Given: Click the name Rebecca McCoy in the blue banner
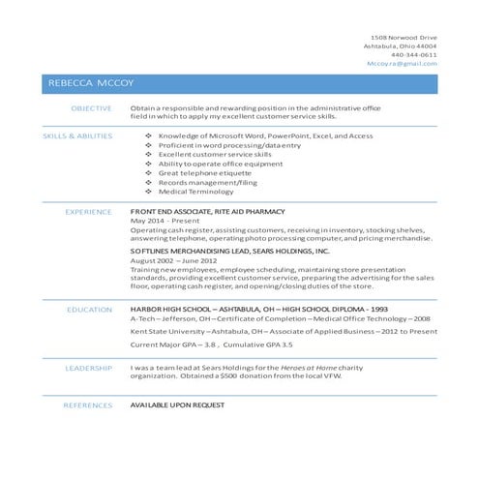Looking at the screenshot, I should click(x=85, y=84).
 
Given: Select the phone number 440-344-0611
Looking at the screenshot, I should click(x=413, y=55).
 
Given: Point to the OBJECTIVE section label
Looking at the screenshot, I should click(x=93, y=108).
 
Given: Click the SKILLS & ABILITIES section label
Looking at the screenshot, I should click(x=77, y=136).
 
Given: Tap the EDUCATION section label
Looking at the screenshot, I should click(x=90, y=309).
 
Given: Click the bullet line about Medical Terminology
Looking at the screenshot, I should click(x=196, y=192).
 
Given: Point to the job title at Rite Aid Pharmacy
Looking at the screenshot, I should click(x=207, y=211).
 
